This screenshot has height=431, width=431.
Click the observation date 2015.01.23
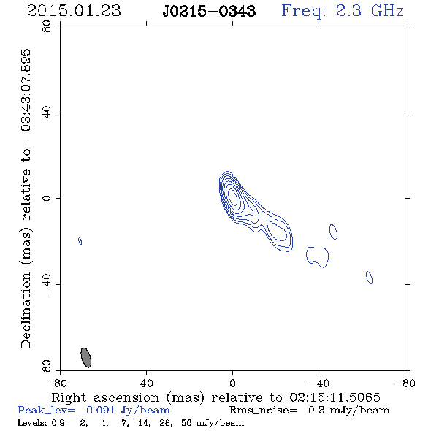pyautogui.click(x=74, y=11)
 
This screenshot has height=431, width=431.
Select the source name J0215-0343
pyautogui.click(x=209, y=11)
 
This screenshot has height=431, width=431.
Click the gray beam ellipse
pyautogui.click(x=85, y=357)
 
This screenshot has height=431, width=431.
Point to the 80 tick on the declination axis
pyautogui.click(x=47, y=26)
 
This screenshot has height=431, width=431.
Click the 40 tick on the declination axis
pyautogui.click(x=47, y=112)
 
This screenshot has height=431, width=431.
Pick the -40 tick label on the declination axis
pyautogui.click(x=47, y=284)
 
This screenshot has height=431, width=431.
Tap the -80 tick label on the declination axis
pyautogui.click(x=47, y=370)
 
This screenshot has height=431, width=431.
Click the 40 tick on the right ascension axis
pyautogui.click(x=146, y=383)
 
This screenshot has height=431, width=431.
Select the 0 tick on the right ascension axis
pyautogui.click(x=232, y=383)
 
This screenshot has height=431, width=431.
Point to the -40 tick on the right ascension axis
pyautogui.click(x=319, y=383)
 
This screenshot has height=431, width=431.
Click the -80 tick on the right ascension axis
pyautogui.click(x=405, y=383)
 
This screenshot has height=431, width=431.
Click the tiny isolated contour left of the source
pyautogui.click(x=80, y=241)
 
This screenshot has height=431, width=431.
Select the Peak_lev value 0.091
pyautogui.click(x=101, y=410)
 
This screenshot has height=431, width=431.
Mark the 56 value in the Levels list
pyautogui.click(x=187, y=423)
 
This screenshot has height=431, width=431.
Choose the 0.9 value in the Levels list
pyautogui.click(x=59, y=423)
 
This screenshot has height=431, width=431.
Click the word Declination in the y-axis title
pyautogui.click(x=26, y=310)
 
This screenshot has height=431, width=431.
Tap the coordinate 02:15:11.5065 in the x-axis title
pyautogui.click(x=335, y=397)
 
